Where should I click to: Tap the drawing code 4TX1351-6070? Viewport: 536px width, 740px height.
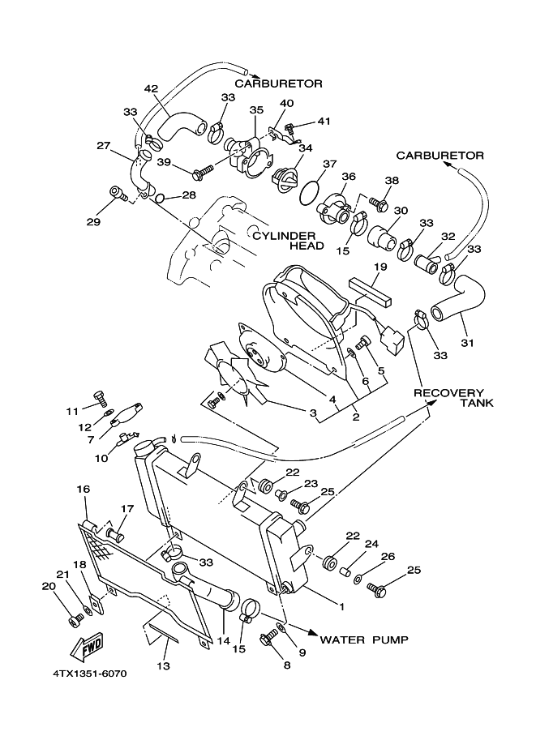(90, 674)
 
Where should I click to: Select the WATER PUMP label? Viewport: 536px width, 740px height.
(364, 639)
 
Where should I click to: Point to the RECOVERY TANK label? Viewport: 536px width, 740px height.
(453, 398)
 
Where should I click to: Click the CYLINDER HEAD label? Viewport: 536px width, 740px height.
(288, 241)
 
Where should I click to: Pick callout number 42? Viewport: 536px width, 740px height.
(151, 88)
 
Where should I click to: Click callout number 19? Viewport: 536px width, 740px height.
(380, 267)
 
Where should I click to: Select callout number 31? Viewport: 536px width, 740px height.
(467, 343)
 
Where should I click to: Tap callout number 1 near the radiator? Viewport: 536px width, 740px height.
(342, 607)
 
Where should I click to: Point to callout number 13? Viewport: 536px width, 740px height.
(164, 666)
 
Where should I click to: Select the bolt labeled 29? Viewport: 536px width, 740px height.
(118, 194)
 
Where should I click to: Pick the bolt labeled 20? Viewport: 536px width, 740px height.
(74, 620)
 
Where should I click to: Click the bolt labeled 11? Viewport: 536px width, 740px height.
(100, 398)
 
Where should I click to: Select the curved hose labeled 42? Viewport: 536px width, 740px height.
(180, 127)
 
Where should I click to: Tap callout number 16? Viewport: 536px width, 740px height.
(83, 490)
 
